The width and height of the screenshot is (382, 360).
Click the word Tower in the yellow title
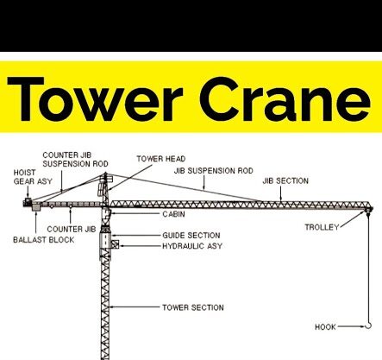pos(95,99)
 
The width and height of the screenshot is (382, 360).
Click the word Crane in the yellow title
pos(285,99)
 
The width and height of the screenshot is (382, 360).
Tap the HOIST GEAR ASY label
pos(33,177)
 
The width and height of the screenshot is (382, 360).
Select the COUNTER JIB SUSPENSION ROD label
pos(75,160)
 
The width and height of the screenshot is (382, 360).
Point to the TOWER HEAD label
pos(161,159)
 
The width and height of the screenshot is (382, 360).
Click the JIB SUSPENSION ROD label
pos(214,171)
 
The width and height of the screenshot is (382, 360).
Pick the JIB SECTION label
pos(285,181)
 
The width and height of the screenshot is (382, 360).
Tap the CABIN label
pos(173,214)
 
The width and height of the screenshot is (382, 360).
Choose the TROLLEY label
pos(322,227)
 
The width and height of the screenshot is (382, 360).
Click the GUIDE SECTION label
pos(191,236)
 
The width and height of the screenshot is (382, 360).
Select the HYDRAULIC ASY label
pos(192,246)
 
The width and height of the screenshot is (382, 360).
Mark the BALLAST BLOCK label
pos(44,240)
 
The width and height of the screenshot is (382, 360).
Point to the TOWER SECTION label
pos(193,307)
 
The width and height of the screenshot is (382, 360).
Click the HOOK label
pos(325,327)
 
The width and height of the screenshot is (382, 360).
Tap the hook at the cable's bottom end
pos(369,325)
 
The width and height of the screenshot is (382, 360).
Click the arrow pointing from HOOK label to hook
pos(351,326)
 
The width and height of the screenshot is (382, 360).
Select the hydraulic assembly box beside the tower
pos(115,244)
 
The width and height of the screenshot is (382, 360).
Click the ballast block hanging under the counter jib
pos(36,207)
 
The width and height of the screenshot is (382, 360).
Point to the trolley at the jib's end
pos(367,210)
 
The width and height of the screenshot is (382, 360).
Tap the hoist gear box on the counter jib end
pos(28,201)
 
